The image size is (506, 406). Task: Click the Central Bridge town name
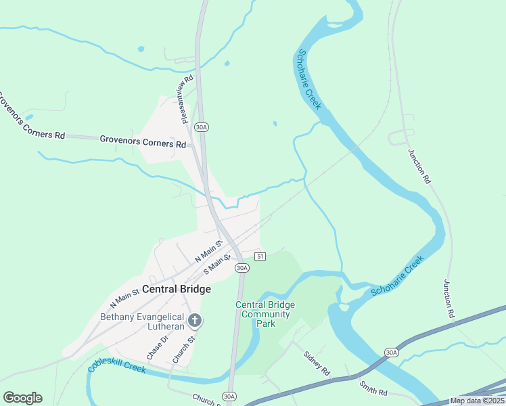pyautogui.click(x=176, y=289)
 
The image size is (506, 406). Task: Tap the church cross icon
pyautogui.click(x=195, y=319)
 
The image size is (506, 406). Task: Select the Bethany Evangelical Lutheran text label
pyautogui.click(x=142, y=321)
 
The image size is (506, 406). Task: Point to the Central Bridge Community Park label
pyautogui.click(x=265, y=314)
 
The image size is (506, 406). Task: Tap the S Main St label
pyautogui.click(x=218, y=263)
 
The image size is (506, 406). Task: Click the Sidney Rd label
pyautogui.click(x=316, y=363)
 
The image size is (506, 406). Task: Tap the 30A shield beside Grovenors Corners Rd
pyautogui.click(x=201, y=127)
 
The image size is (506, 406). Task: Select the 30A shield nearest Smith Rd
pyautogui.click(x=391, y=353)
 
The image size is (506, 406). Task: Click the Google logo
pyautogui.click(x=22, y=397)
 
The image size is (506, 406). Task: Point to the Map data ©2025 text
pyautogui.click(x=477, y=401)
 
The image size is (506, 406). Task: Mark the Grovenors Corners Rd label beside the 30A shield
pyautogui.click(x=143, y=142)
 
